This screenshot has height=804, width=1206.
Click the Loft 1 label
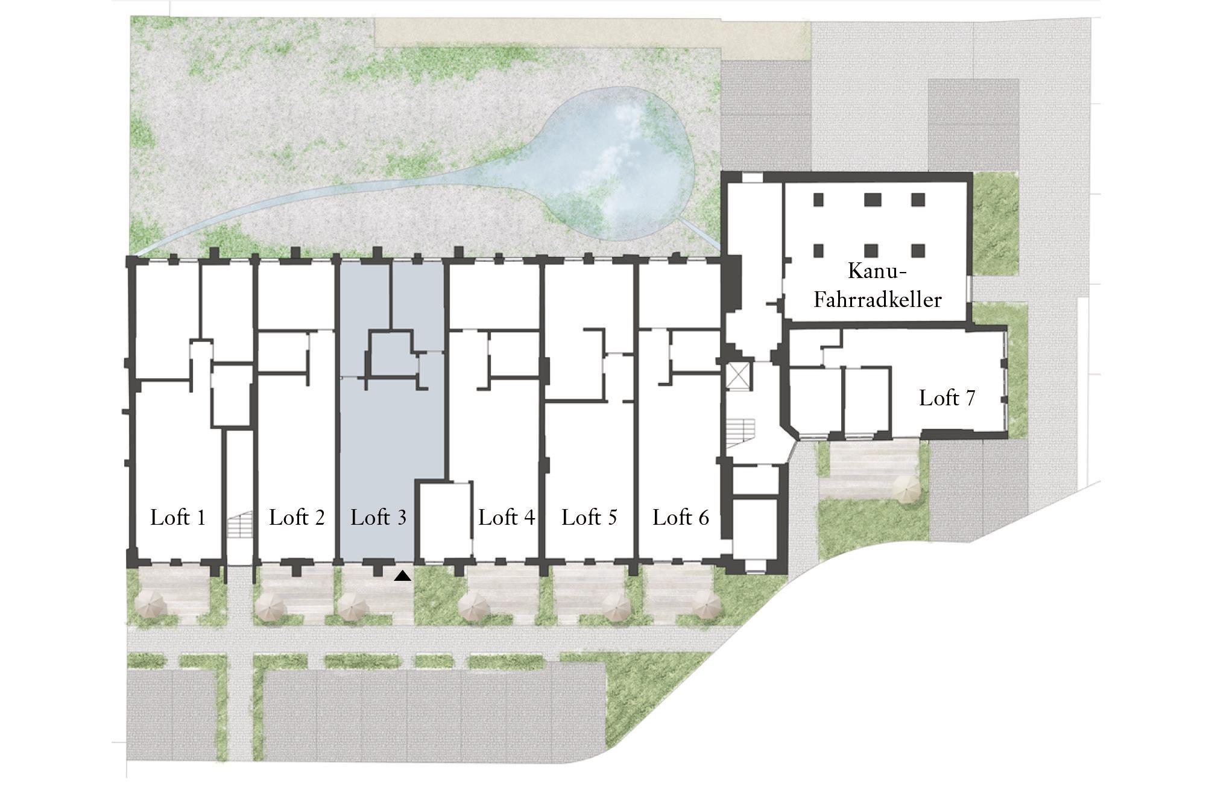coord(178,518)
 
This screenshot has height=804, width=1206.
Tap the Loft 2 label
coord(297,518)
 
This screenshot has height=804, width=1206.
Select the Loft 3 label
coord(378,518)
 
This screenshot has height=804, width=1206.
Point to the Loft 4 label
coord(507,518)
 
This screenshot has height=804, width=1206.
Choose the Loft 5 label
coord(589,518)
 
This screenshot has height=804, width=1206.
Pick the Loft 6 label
coord(681,518)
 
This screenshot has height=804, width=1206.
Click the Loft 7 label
coord(947,398)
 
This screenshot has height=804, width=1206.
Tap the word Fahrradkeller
coord(877,300)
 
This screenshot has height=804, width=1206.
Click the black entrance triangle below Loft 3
coord(403,576)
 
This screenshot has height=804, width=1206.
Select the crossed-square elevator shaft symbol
coord(739,376)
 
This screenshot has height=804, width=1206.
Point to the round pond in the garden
coord(618,163)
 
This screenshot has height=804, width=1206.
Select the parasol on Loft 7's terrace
coord(905,489)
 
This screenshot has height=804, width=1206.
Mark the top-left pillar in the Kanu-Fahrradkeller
coord(818,199)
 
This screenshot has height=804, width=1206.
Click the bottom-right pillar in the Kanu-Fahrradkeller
coord(918,250)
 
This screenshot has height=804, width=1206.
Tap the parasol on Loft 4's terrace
coord(474,605)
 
